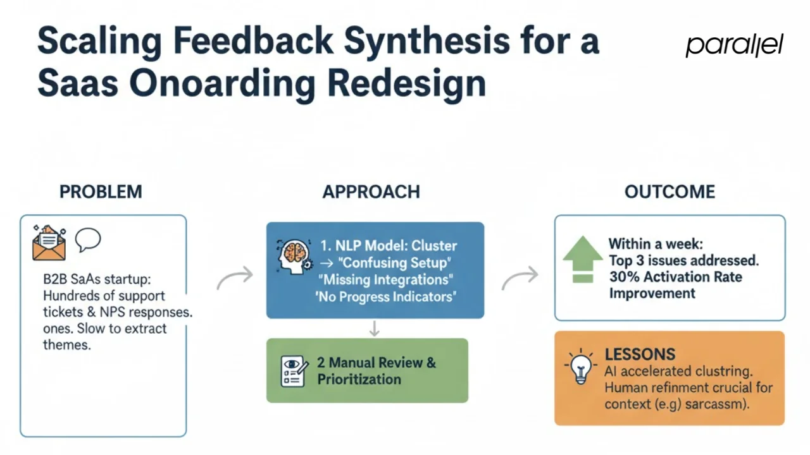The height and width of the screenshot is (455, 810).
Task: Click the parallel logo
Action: point(734,45)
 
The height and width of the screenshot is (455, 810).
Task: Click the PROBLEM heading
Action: point(101,192)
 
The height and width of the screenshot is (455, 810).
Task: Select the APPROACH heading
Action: point(371,192)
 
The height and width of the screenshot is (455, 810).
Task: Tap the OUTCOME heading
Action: point(670,192)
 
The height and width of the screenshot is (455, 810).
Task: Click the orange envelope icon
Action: point(49,243)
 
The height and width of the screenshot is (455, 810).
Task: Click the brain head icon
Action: point(293,256)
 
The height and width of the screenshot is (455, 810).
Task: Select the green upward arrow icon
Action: point(582,260)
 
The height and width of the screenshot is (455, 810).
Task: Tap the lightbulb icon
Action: point(580,367)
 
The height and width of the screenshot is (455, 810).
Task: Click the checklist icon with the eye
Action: point(294,371)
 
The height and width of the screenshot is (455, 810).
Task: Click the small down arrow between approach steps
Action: point(374,329)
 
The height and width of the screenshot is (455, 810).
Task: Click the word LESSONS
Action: point(640,354)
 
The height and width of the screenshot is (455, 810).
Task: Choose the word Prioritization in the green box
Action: point(359,379)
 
